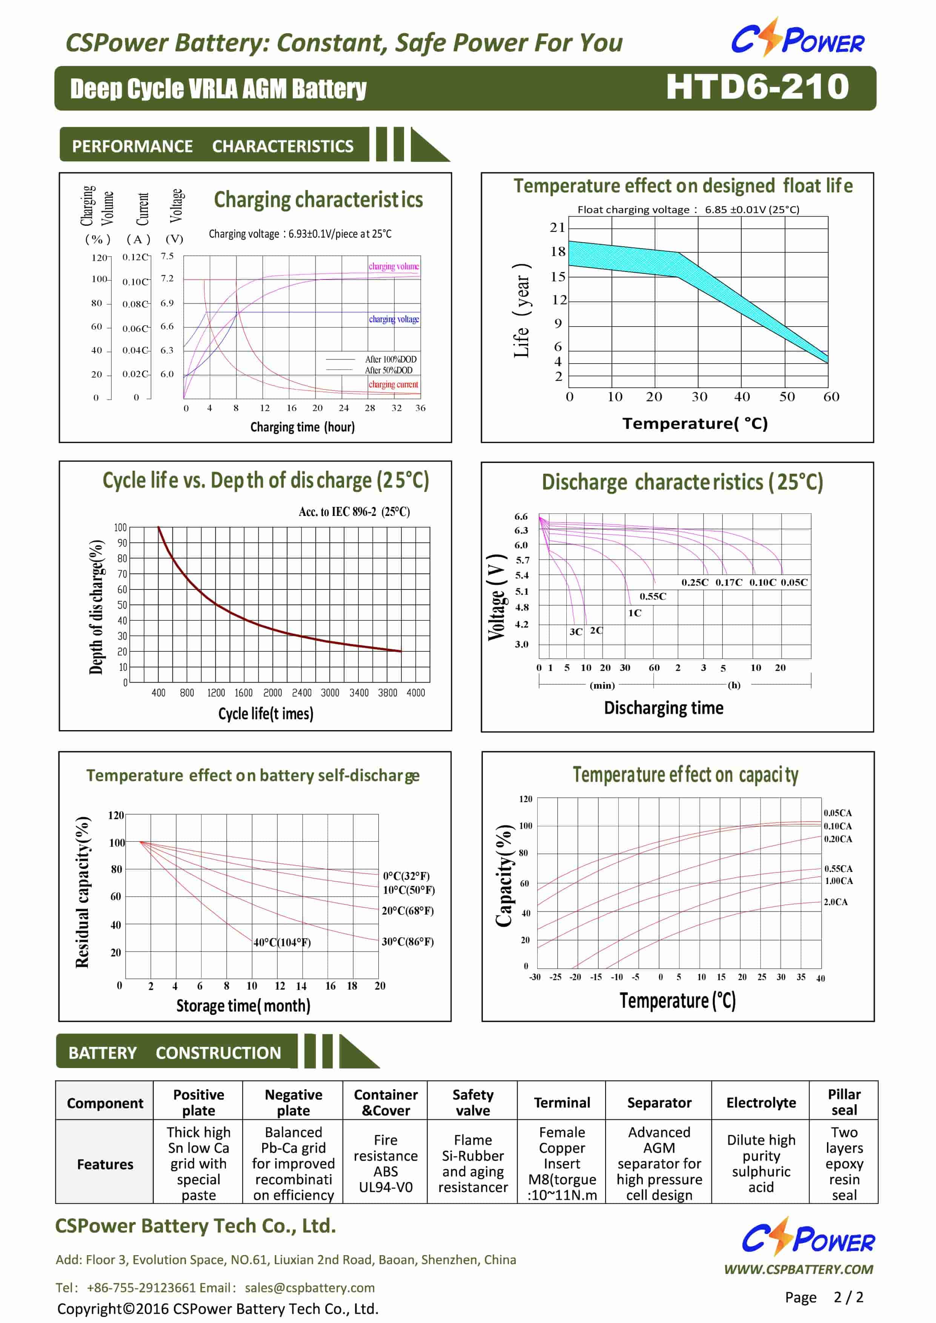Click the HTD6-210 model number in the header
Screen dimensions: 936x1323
tap(757, 87)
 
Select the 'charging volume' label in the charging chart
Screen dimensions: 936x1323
tap(393, 266)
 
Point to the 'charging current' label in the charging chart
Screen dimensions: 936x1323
tap(393, 384)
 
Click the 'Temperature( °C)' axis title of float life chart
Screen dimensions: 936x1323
tap(695, 424)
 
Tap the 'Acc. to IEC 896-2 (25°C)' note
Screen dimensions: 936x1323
tap(354, 512)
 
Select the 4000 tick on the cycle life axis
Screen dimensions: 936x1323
tap(415, 693)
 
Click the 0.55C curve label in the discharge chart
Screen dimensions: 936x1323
tap(652, 596)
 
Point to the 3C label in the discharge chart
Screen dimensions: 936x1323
tap(576, 632)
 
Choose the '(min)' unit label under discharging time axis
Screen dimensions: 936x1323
tap(602, 685)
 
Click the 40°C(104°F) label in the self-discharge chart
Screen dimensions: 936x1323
tap(282, 942)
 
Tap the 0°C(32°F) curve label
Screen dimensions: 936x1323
tap(406, 876)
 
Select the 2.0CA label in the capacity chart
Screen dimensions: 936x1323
tap(836, 902)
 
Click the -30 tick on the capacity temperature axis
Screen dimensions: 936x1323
tap(535, 977)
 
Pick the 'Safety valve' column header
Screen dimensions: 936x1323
tap(473, 1102)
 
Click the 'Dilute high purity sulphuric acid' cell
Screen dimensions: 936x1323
tap(761, 1163)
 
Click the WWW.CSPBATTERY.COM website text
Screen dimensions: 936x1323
tap(799, 1269)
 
